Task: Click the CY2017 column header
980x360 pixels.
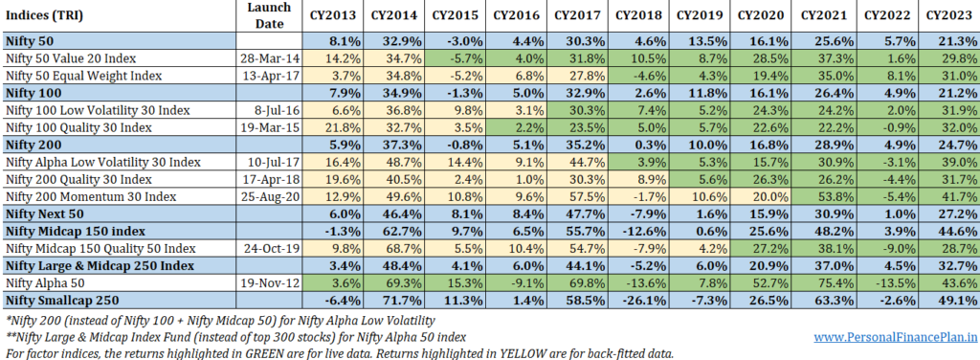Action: (577, 15)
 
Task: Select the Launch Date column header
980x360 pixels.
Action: (269, 15)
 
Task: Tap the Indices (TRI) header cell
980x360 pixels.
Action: (44, 15)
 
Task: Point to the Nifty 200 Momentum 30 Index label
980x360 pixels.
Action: (91, 197)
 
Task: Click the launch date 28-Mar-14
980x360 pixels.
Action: (270, 58)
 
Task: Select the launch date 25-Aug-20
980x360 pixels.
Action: (270, 197)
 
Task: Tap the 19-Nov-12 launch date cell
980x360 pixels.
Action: (270, 283)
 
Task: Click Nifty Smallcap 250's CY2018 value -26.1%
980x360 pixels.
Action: (642, 300)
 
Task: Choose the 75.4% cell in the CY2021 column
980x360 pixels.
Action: (832, 283)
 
